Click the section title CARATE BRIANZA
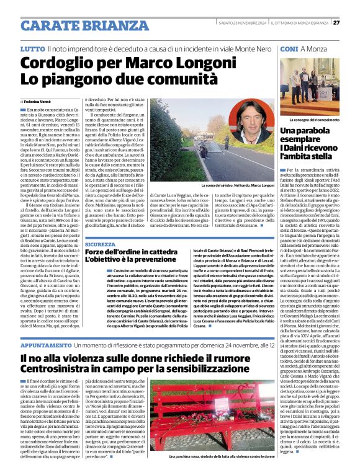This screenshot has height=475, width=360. click(x=76, y=25)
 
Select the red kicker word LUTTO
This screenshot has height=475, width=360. click(x=32, y=48)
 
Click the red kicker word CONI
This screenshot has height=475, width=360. click(x=289, y=48)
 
